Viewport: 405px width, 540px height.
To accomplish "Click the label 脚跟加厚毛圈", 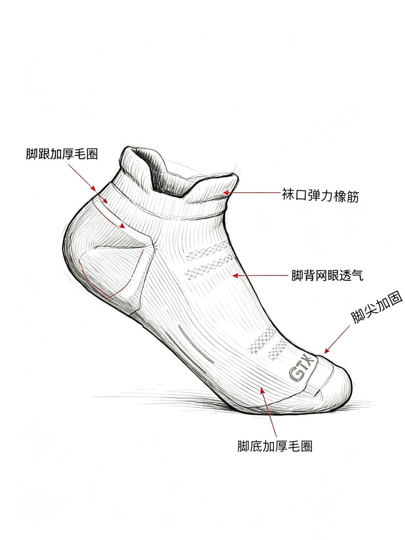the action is pyautogui.click(x=62, y=154).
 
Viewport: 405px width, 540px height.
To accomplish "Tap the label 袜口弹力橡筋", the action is pyautogui.click(x=320, y=196).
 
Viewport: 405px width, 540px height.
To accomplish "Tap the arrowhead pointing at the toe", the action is pyautogui.click(x=327, y=351).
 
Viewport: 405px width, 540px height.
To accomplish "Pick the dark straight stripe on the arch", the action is pyautogui.click(x=196, y=344).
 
